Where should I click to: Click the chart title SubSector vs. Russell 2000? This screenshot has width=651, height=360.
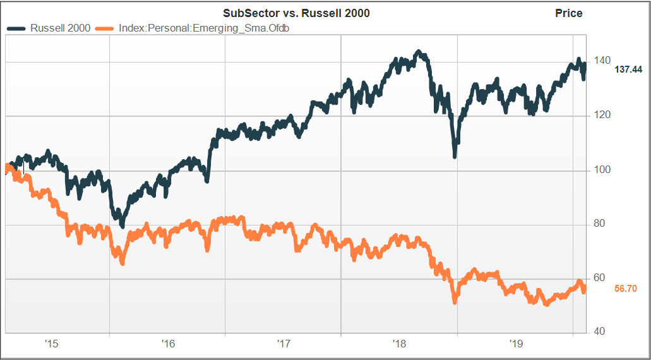(x=296, y=13)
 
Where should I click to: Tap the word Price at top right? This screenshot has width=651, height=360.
(x=568, y=13)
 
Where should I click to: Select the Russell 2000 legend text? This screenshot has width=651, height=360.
(x=61, y=28)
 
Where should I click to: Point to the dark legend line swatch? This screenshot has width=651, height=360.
(x=17, y=28)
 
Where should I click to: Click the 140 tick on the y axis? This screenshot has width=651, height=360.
(x=600, y=61)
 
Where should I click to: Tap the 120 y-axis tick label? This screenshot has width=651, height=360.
(x=600, y=115)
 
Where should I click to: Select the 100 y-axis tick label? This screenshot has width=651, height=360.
(x=600, y=170)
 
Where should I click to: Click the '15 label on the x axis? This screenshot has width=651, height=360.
(x=52, y=344)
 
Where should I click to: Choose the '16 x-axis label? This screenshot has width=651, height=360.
(x=168, y=344)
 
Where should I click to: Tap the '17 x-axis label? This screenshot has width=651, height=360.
(x=284, y=344)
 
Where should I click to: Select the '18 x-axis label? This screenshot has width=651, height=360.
(x=400, y=344)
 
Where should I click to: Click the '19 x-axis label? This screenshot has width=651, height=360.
(x=516, y=344)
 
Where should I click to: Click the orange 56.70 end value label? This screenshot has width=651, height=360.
(x=626, y=289)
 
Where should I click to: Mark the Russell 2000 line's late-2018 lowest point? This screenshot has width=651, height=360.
(x=455, y=156)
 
